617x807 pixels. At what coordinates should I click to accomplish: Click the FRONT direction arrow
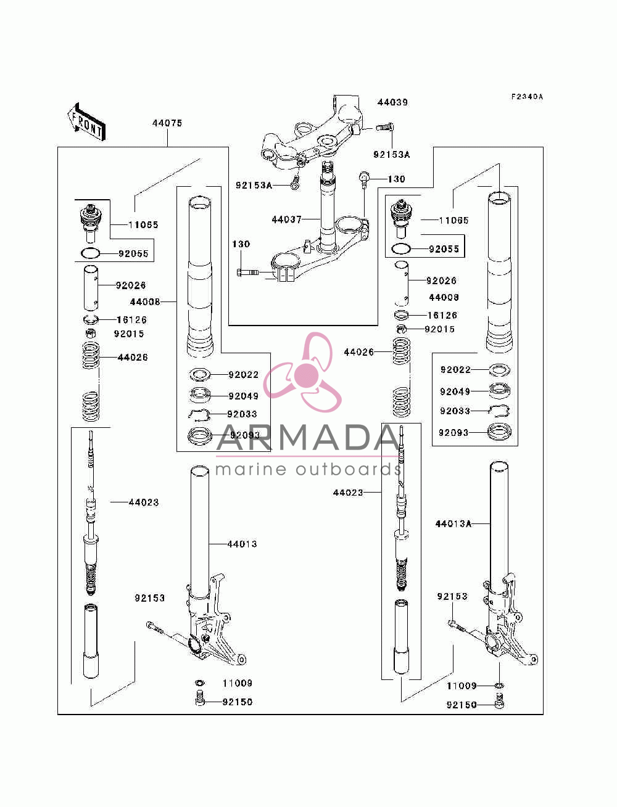click(x=87, y=121)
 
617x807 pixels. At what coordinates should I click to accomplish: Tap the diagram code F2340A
click(x=526, y=97)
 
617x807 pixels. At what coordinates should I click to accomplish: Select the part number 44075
click(x=167, y=123)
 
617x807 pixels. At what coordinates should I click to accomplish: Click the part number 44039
click(x=392, y=102)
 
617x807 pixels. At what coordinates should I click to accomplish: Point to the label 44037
click(x=287, y=219)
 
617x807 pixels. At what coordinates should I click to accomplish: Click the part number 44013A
click(x=453, y=523)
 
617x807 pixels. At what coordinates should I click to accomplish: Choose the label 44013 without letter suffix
click(x=242, y=544)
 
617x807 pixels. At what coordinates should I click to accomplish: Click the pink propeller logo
click(x=303, y=372)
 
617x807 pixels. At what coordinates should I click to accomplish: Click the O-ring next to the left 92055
click(x=90, y=253)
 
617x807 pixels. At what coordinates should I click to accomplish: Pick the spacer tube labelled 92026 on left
click(x=91, y=288)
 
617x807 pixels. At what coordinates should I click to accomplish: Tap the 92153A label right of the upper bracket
click(x=391, y=155)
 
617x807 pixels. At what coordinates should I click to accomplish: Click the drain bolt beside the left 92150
click(x=200, y=702)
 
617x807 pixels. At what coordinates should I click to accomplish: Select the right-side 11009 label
click(x=462, y=686)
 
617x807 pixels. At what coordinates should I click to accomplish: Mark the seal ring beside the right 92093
click(x=499, y=432)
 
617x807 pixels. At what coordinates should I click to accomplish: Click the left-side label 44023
click(x=144, y=502)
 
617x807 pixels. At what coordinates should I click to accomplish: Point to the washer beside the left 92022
click(x=200, y=375)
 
